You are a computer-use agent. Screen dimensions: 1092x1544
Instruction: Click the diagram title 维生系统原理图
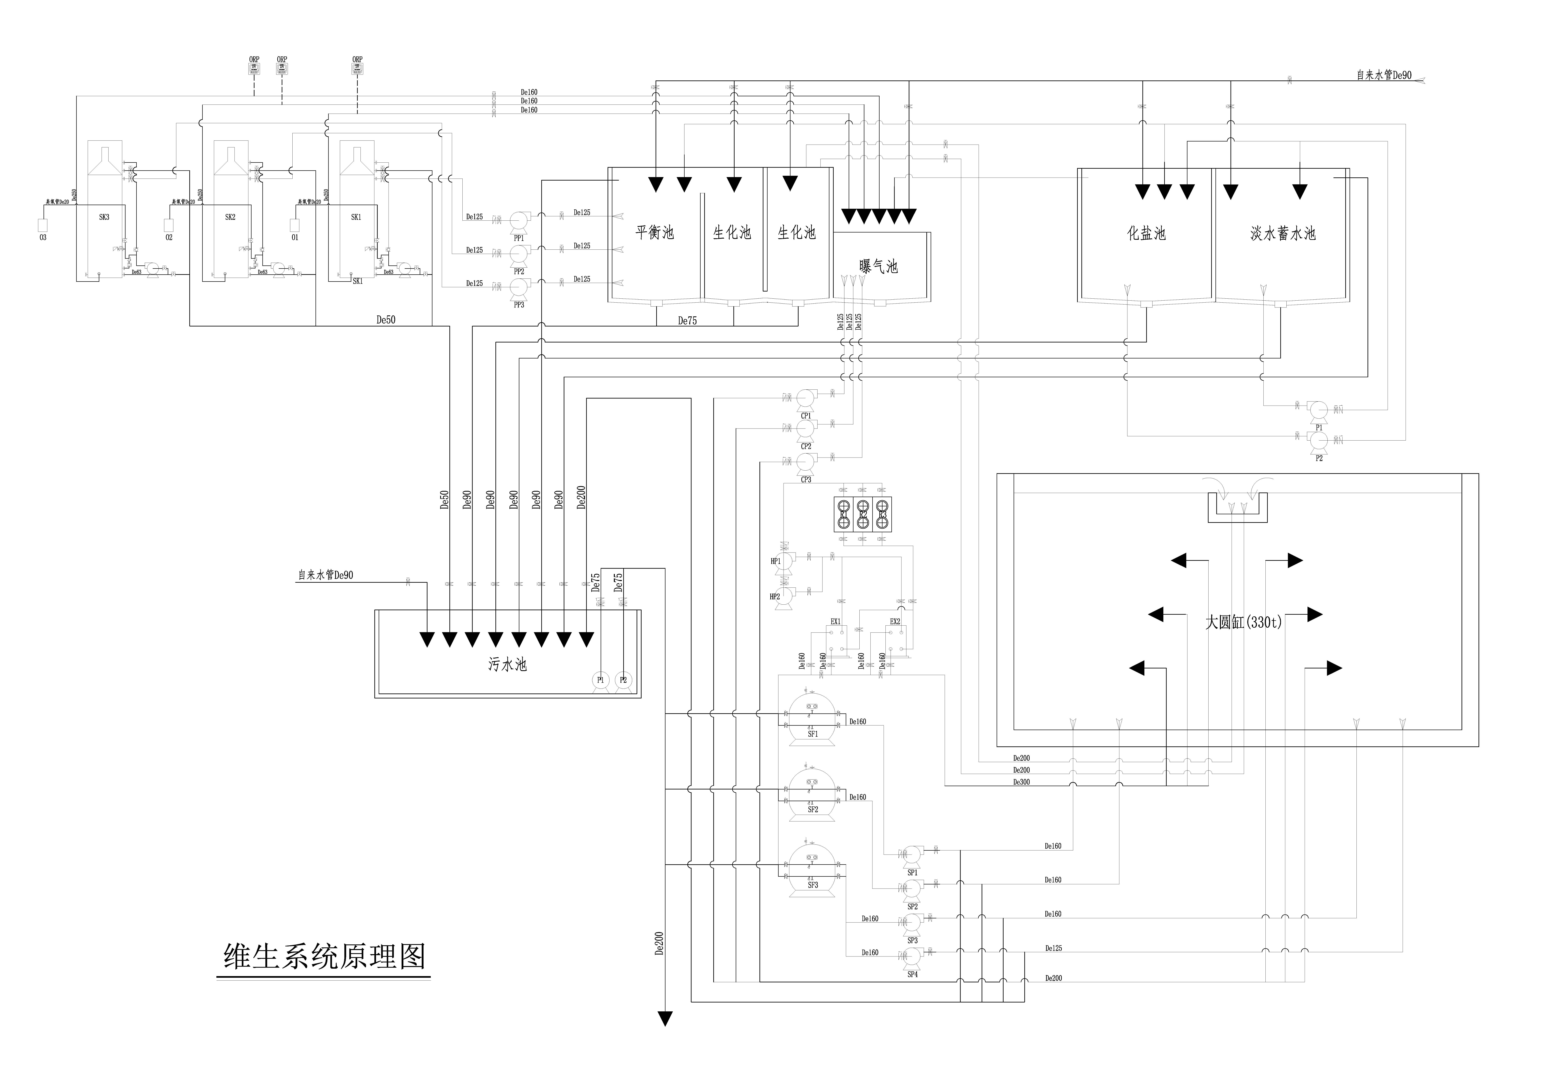click(325, 956)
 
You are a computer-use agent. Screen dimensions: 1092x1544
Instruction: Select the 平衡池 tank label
click(654, 233)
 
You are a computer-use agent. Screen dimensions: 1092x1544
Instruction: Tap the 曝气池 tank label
click(878, 266)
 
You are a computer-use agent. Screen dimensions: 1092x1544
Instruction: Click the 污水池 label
click(507, 664)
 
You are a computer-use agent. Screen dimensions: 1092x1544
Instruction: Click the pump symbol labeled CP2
click(806, 428)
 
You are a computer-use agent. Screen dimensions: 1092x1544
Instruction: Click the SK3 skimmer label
click(104, 217)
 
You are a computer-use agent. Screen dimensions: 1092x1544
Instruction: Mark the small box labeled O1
click(295, 226)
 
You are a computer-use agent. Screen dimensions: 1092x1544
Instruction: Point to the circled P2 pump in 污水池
click(623, 680)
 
